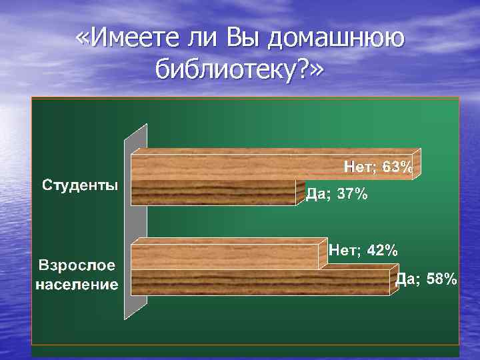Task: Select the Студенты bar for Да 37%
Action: click(x=213, y=193)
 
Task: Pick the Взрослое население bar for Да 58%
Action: click(x=260, y=282)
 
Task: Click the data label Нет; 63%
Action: click(x=378, y=167)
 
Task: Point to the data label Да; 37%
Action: click(x=336, y=194)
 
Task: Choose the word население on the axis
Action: click(x=77, y=285)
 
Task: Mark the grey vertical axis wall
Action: click(x=135, y=220)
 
